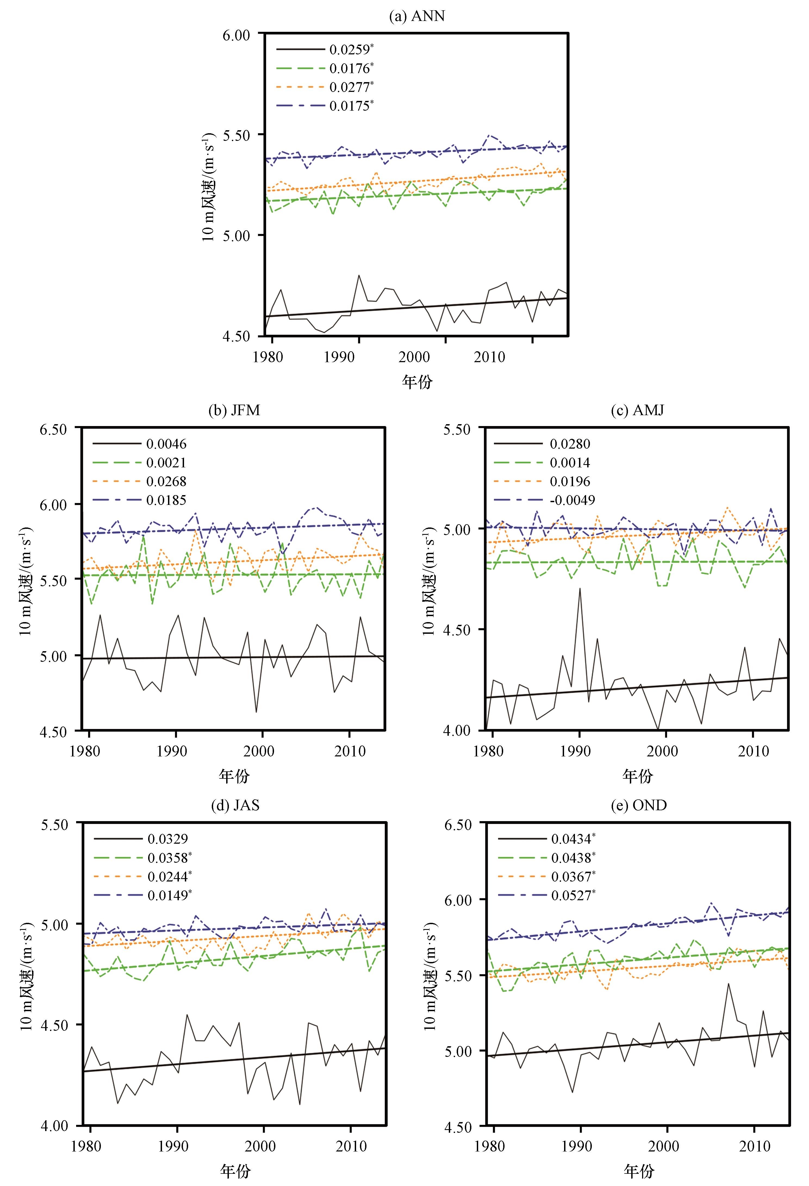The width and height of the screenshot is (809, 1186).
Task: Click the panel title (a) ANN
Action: coord(417,16)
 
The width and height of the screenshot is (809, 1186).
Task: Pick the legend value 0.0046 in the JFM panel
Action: coord(166,444)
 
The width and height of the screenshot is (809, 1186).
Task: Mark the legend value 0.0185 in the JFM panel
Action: coord(166,500)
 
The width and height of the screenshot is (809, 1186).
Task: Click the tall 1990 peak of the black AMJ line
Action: coord(580,588)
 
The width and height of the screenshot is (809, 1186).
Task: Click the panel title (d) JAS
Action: coord(235,805)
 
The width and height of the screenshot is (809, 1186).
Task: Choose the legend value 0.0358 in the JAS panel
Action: coord(168,858)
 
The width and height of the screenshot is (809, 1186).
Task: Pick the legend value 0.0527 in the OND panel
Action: coord(571,895)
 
